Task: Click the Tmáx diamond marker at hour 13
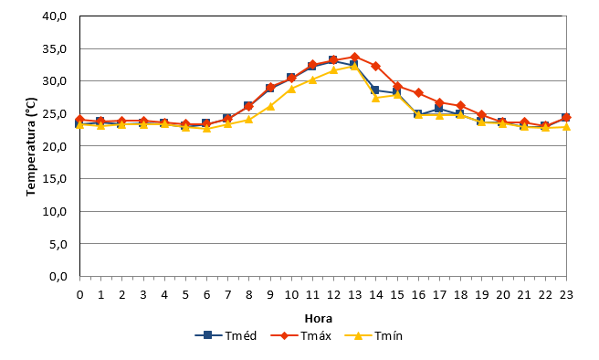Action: (x=354, y=58)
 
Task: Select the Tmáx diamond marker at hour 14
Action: (x=375, y=66)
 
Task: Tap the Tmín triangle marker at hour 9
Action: (x=270, y=106)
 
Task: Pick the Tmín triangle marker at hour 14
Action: (x=375, y=98)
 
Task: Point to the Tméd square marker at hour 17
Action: (x=438, y=108)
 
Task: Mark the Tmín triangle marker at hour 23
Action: (x=566, y=126)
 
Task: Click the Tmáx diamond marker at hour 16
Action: (x=418, y=93)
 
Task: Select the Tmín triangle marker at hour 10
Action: (x=291, y=89)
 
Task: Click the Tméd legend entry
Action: (x=226, y=336)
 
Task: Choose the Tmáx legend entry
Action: (x=300, y=336)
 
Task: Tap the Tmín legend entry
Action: (x=373, y=336)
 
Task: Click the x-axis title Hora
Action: (x=318, y=318)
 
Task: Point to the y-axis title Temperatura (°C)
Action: (x=31, y=147)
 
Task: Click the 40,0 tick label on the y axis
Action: (x=55, y=16)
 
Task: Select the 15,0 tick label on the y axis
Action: (x=55, y=179)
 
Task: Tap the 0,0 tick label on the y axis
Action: (x=58, y=276)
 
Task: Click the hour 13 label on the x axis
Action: (x=354, y=294)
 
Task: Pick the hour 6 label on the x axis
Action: (x=206, y=294)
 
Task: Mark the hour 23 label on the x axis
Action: (x=566, y=294)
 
